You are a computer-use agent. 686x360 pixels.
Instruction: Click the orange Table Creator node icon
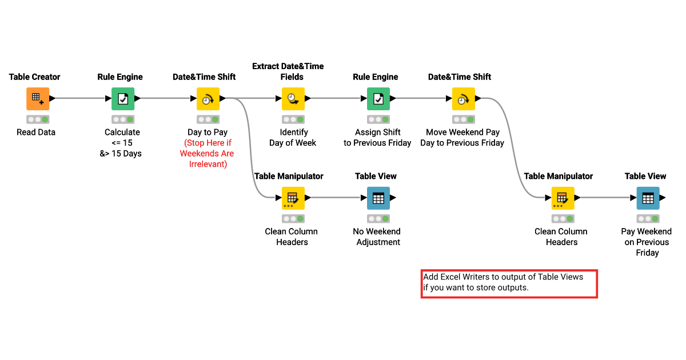(38, 99)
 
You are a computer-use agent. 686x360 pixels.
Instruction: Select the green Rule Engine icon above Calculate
(123, 99)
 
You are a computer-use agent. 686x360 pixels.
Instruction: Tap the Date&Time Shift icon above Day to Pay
(208, 99)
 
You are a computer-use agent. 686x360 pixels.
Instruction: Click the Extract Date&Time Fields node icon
(293, 99)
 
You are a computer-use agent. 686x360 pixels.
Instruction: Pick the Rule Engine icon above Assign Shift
(378, 99)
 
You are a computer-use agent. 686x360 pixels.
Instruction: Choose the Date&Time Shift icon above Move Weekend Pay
(463, 99)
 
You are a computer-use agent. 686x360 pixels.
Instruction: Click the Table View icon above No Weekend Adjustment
(378, 198)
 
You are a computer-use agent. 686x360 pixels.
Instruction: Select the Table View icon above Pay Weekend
(648, 198)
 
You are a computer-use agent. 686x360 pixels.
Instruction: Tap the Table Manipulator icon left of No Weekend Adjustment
(293, 198)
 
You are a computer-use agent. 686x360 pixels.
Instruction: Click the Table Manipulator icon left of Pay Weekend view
(563, 198)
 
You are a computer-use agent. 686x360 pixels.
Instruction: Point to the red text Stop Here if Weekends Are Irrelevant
(207, 153)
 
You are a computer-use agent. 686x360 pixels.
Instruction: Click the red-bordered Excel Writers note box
(509, 283)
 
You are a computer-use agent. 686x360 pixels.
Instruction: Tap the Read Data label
(35, 132)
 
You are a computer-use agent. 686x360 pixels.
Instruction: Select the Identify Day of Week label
(293, 137)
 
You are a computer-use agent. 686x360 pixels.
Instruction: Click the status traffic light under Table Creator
(38, 119)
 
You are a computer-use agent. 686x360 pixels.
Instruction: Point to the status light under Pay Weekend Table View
(648, 219)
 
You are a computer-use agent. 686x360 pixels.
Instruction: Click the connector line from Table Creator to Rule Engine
(80, 98)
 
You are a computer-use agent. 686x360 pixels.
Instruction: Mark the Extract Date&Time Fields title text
(288, 71)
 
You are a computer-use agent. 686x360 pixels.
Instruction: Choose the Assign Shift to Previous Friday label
(377, 137)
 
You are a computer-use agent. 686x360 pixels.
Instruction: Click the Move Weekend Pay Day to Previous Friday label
(462, 137)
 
